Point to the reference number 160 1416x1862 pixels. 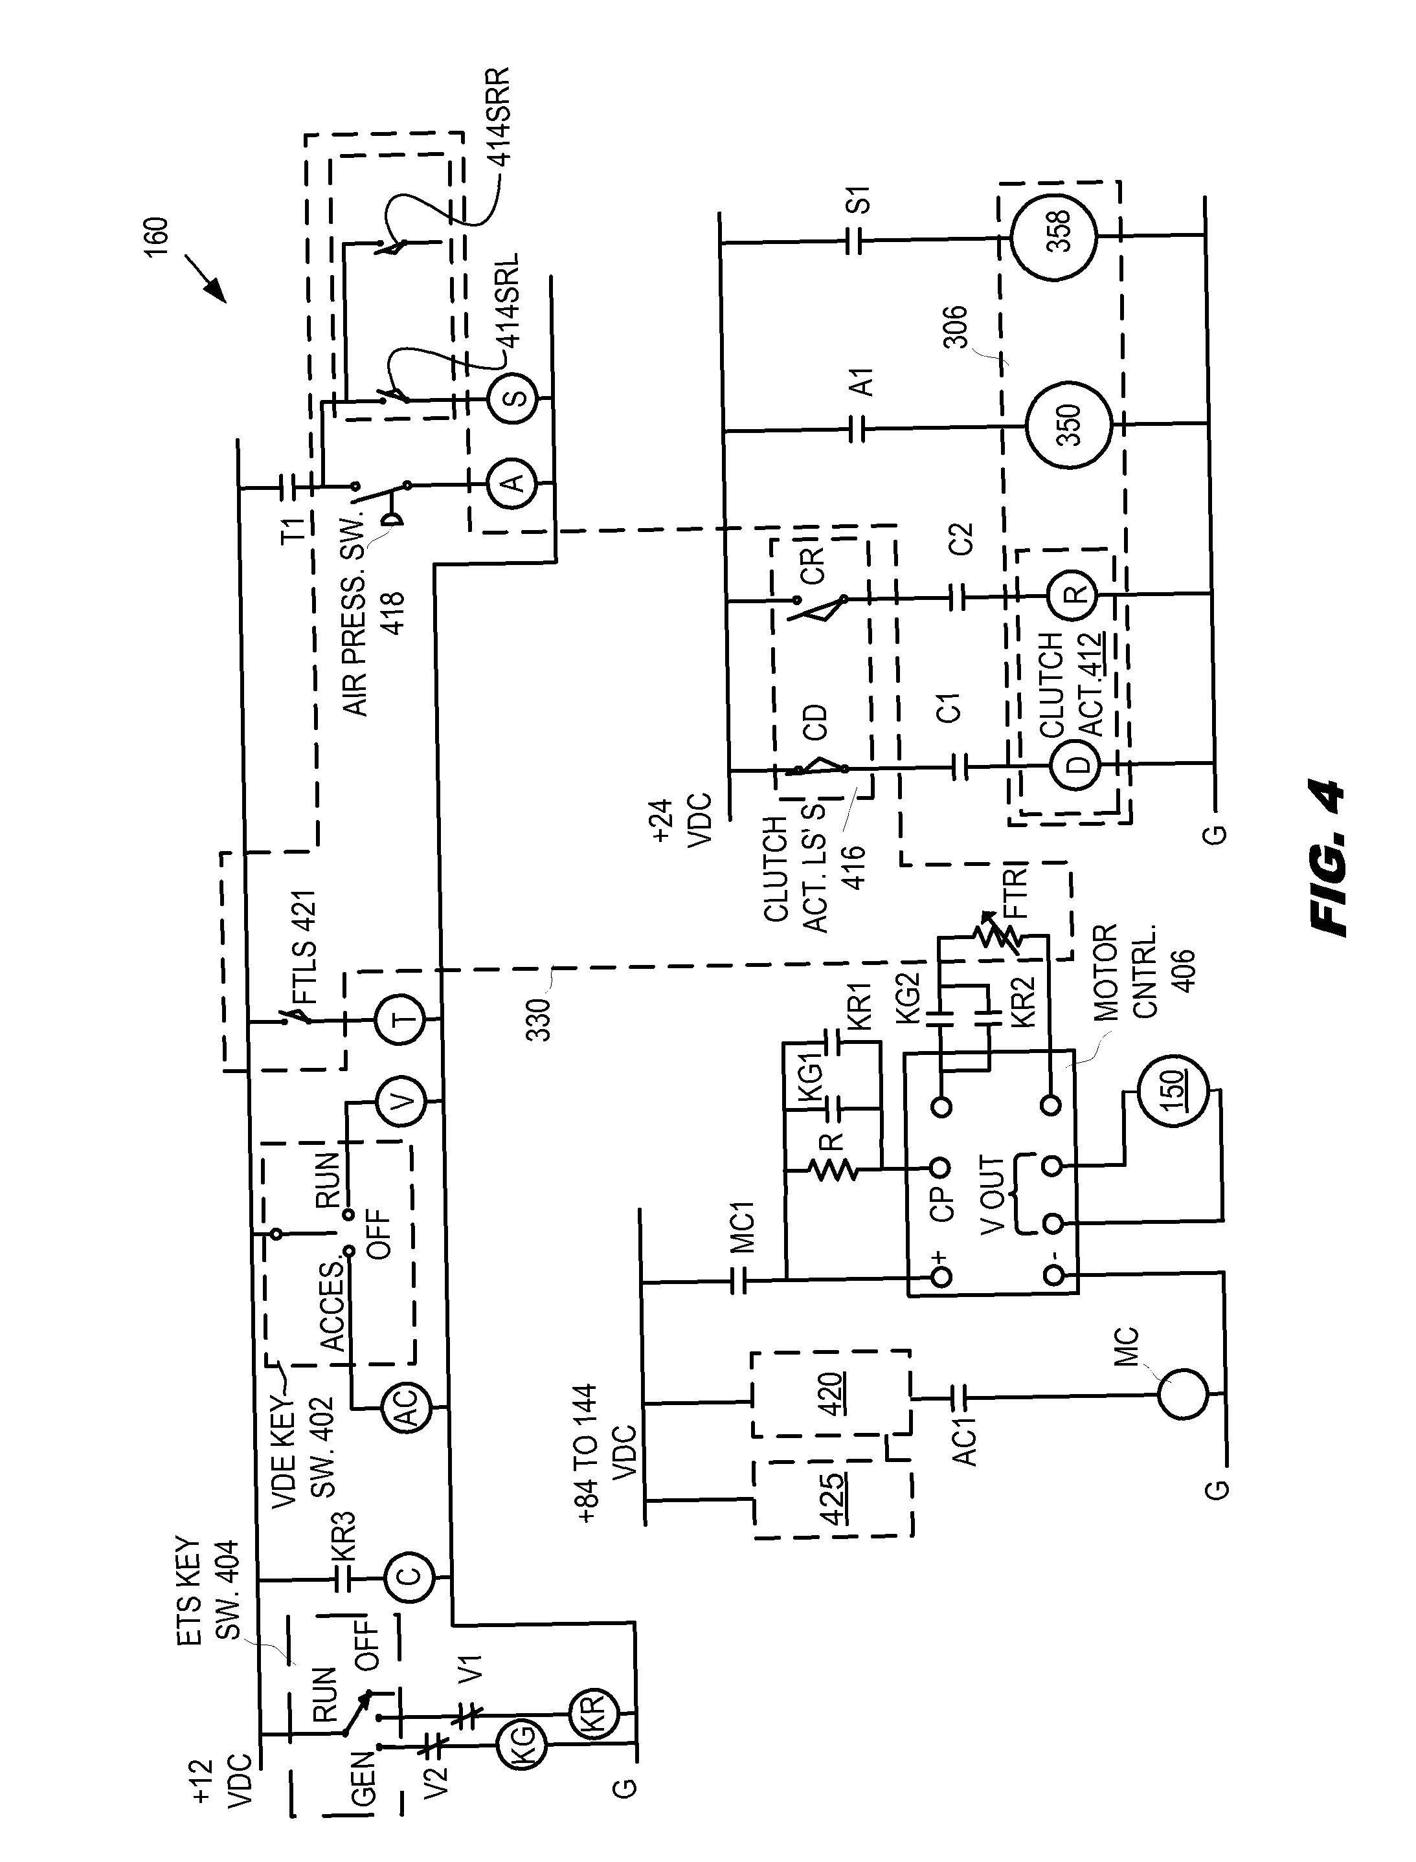[157, 238]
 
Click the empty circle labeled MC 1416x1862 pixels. [1182, 1394]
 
